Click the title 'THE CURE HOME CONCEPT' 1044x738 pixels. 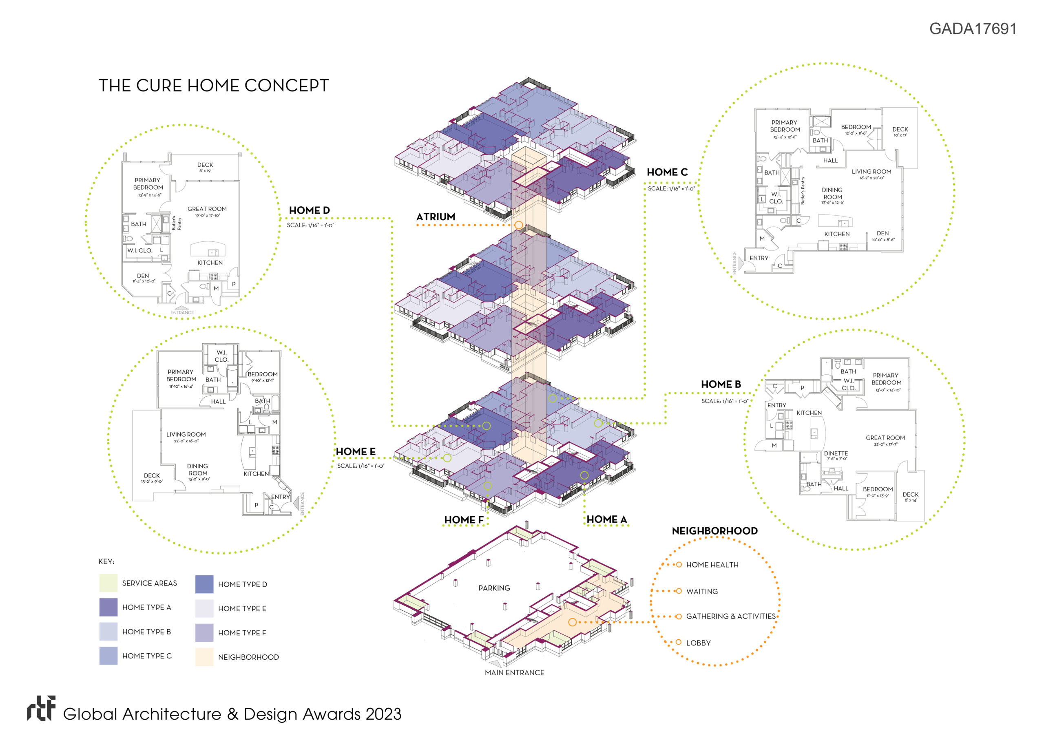click(x=213, y=86)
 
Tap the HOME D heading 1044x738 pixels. click(x=309, y=210)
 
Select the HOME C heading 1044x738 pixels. click(x=667, y=172)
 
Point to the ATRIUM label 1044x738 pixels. click(x=436, y=217)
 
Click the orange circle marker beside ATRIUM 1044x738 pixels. click(x=518, y=225)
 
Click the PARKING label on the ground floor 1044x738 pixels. click(x=494, y=588)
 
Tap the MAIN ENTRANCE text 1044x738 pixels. click(x=514, y=672)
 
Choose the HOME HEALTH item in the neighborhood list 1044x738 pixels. click(x=712, y=565)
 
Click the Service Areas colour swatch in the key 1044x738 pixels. click(x=108, y=583)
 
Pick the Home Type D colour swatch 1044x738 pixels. click(x=204, y=584)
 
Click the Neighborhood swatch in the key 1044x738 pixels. click(x=204, y=657)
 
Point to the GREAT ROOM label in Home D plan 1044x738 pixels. click(x=207, y=209)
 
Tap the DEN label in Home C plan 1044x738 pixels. click(x=883, y=233)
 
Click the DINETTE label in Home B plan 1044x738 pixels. click(x=836, y=453)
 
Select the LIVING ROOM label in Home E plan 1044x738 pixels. click(x=186, y=434)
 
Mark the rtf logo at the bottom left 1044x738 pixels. click(x=41, y=709)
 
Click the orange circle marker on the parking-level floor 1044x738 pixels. click(x=573, y=622)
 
